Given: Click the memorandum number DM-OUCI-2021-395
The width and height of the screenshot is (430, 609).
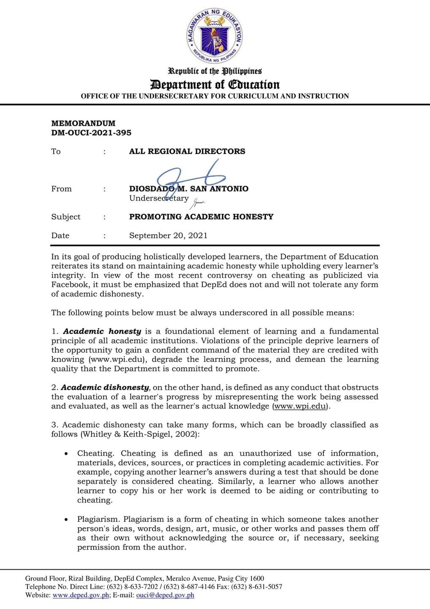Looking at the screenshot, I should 91,133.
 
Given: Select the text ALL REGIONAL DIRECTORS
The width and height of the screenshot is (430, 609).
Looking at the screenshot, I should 187,151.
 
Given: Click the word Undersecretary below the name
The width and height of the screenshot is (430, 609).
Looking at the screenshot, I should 159,198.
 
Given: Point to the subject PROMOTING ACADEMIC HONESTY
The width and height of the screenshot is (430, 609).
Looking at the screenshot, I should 201,217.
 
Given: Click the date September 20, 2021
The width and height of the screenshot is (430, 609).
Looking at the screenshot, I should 168,236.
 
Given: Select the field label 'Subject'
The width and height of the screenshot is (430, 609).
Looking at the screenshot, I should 65,217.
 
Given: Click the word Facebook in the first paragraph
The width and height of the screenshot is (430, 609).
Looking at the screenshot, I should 70,285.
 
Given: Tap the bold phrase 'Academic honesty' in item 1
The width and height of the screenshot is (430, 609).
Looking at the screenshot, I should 102,332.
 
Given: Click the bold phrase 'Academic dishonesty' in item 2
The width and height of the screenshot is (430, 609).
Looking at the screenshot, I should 105,387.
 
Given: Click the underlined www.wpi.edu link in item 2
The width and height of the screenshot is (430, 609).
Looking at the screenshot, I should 300,406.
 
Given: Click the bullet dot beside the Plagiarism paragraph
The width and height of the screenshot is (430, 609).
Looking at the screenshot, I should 66,520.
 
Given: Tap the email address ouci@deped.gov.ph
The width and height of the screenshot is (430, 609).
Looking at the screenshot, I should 165,595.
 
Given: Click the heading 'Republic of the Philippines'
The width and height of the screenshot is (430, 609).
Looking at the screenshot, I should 215,71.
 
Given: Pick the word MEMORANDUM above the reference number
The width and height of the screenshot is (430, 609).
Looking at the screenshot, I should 83,123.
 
